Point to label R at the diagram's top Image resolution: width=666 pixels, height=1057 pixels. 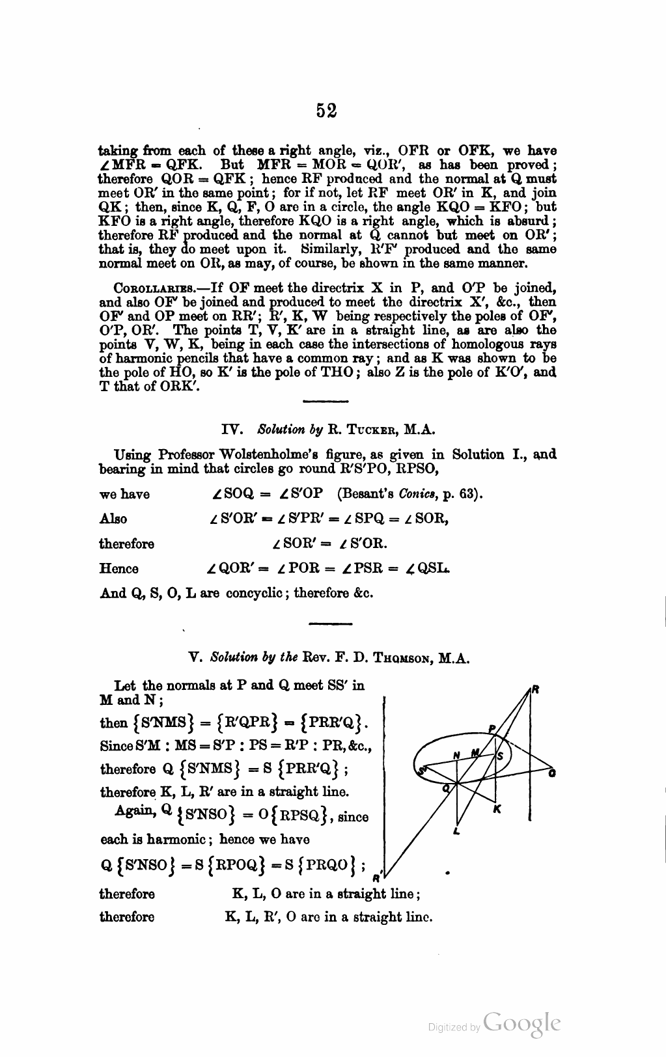[x=534, y=690]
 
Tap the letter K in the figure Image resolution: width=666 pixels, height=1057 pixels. [x=497, y=809]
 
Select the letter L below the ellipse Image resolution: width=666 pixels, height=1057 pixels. [x=456, y=831]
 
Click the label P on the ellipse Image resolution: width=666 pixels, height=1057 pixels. [x=492, y=728]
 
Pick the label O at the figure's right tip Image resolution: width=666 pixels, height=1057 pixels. [x=552, y=773]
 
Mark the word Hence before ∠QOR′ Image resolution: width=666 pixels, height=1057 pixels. [x=118, y=569]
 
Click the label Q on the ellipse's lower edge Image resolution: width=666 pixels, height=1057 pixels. [x=446, y=787]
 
